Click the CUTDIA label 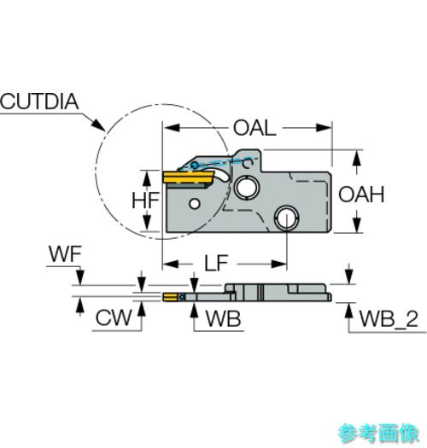pos(39,102)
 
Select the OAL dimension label pos(254,128)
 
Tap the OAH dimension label pos(361,195)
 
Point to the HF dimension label pos(145,201)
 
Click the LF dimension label pos(216,263)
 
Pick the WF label pos(65,253)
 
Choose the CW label pos(114,317)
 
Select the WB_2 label pos(389,319)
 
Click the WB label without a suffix pos(224,319)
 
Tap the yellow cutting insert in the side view pos(188,177)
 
